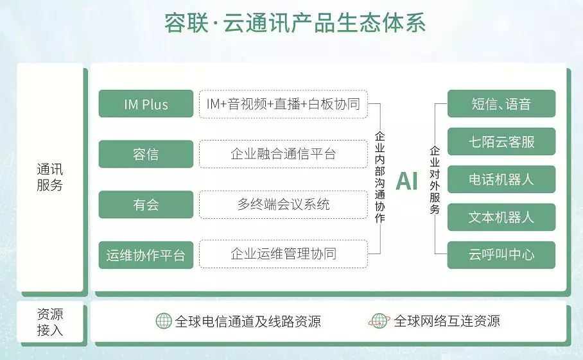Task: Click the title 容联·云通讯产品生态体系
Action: pyautogui.click(x=295, y=23)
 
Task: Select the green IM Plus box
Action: pyautogui.click(x=146, y=104)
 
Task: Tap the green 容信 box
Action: pyautogui.click(x=146, y=154)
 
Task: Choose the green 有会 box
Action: pyautogui.click(x=146, y=204)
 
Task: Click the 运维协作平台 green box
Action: pyautogui.click(x=146, y=255)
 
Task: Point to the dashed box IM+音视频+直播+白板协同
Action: pyautogui.click(x=283, y=104)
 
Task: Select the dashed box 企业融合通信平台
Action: pyautogui.click(x=283, y=154)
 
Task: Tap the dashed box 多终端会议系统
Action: pyautogui.click(x=283, y=204)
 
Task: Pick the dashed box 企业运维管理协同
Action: pyautogui.click(x=283, y=254)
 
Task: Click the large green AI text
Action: pyautogui.click(x=407, y=182)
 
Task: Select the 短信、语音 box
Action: pyautogui.click(x=501, y=104)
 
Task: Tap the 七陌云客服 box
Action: pyautogui.click(x=501, y=142)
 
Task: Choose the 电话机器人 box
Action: pyautogui.click(x=501, y=180)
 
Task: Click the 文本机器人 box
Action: pyautogui.click(x=501, y=218)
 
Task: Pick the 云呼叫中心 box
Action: pyautogui.click(x=501, y=255)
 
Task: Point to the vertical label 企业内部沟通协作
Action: pyautogui.click(x=379, y=177)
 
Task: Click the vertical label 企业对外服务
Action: pyautogui.click(x=435, y=180)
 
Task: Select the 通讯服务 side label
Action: pyautogui.click(x=50, y=177)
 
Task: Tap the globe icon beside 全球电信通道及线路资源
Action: pyautogui.click(x=164, y=321)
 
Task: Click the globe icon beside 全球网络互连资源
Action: pyautogui.click(x=379, y=321)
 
